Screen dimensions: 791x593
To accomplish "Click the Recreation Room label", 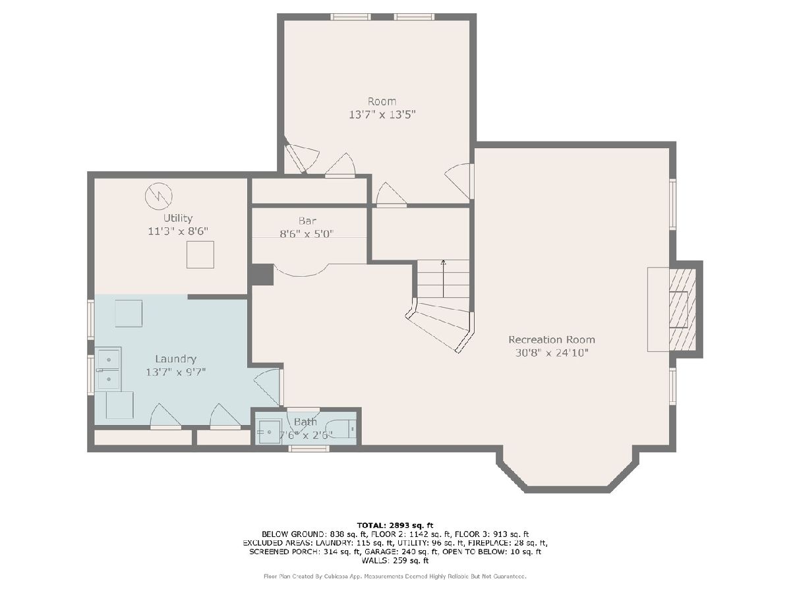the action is (x=551, y=339).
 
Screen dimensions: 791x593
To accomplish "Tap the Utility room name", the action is (x=178, y=218).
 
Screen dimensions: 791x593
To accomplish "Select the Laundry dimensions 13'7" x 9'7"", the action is (x=175, y=372).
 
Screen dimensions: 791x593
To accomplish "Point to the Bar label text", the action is (x=307, y=221).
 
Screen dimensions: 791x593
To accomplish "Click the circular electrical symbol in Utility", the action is (x=159, y=196).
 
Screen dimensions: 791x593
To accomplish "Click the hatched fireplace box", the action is (x=682, y=309).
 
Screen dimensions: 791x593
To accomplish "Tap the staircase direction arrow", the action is (x=443, y=278).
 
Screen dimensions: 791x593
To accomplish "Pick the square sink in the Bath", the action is (x=268, y=432).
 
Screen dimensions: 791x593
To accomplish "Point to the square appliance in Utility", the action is (x=200, y=254).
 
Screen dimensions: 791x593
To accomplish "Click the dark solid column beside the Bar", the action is (x=262, y=275).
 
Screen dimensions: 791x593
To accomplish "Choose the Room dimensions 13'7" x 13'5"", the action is (x=382, y=115).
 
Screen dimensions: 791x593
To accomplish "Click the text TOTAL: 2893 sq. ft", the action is (x=395, y=525).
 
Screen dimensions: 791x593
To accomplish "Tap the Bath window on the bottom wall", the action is (x=309, y=449).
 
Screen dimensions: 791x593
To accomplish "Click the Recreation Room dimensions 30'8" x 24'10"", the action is (x=552, y=353).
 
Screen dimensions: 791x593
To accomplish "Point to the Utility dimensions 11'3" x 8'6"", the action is (x=178, y=231).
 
